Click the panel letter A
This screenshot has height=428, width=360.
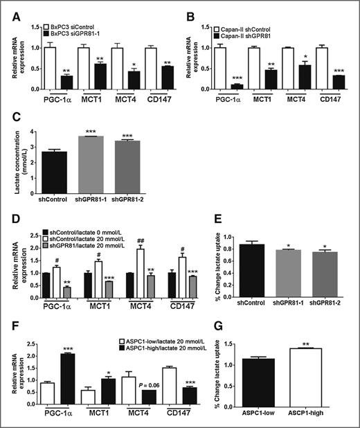9,11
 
